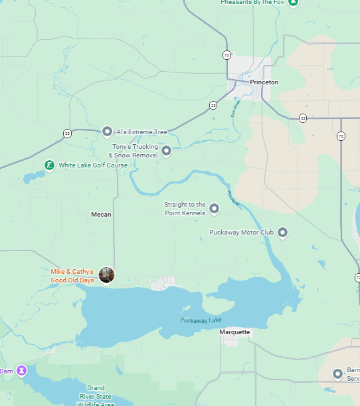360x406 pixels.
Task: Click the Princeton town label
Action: [264, 82]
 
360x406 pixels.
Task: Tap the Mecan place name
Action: [101, 215]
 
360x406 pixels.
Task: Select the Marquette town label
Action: [235, 332]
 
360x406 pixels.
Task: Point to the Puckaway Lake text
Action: [201, 321]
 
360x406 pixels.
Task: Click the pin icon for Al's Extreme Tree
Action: [108, 132]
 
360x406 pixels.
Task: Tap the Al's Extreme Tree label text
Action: [142, 132]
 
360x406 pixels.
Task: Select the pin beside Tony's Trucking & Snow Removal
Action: [167, 151]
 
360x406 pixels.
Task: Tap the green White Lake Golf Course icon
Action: [49, 165]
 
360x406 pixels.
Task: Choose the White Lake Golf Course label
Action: [93, 165]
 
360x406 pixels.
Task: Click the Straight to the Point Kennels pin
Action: [215, 209]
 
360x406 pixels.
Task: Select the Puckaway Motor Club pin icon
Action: [282, 233]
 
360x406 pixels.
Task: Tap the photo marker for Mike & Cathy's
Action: [106, 274]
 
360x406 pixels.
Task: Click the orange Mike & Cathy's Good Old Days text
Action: [72, 276]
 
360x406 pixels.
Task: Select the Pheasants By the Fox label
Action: [252, 3]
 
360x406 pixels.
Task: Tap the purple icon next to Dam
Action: [22, 369]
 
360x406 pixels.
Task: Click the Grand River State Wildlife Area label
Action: [95, 395]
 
